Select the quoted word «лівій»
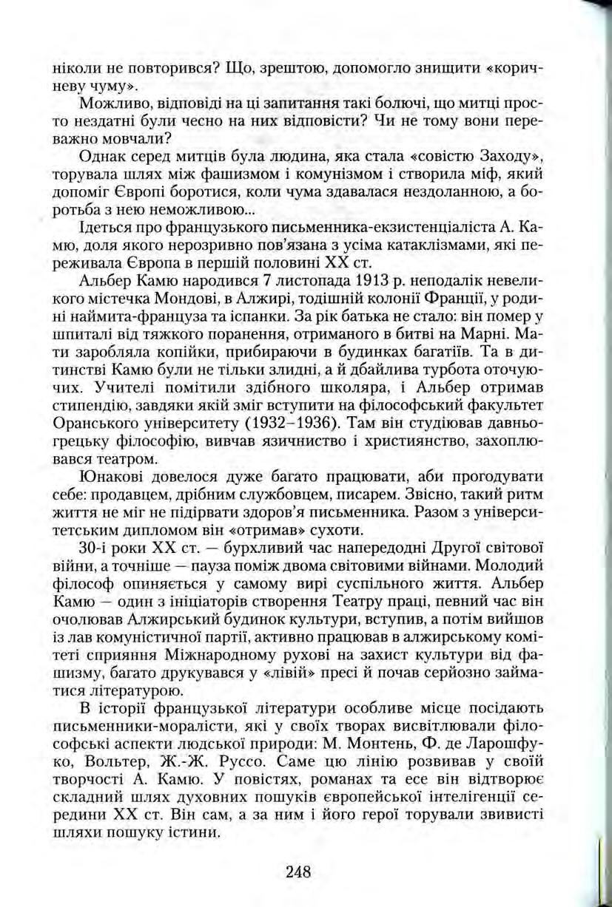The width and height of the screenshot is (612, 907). (x=306, y=676)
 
